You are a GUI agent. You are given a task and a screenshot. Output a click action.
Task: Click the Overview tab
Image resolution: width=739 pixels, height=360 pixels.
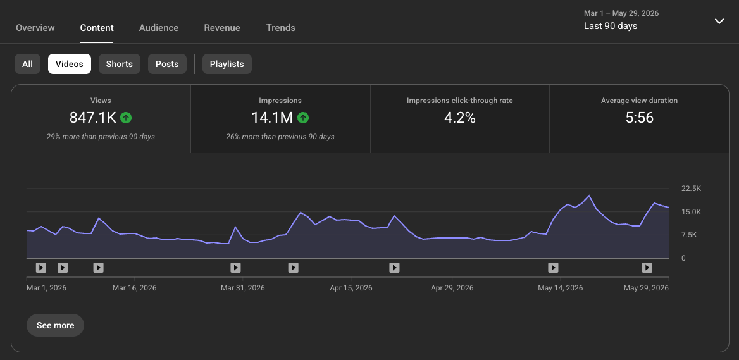point(35,28)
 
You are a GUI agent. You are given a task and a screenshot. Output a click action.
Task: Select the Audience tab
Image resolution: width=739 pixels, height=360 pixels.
point(159,28)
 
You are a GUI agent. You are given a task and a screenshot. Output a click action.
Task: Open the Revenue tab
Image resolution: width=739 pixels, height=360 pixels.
point(222,28)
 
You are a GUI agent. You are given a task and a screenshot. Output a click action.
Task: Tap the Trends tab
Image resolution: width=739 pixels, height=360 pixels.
point(281,28)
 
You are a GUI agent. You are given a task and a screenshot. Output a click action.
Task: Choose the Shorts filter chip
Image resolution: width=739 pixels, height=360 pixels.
point(119,64)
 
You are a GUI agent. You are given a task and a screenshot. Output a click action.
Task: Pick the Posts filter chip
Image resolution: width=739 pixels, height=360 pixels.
point(167,64)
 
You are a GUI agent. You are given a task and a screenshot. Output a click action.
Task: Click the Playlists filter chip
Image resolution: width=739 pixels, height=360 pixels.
point(227,64)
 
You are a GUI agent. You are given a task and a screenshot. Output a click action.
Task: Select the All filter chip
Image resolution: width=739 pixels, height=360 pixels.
point(27,64)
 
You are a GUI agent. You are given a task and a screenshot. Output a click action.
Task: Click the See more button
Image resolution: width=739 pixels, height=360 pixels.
point(55,325)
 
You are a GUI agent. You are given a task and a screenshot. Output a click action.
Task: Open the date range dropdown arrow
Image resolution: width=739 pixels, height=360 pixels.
point(719,22)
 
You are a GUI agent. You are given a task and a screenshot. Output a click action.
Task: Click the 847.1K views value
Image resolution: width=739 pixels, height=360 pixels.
point(93,118)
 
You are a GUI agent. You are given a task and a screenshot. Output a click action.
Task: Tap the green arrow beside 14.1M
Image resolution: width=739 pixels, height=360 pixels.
point(303,118)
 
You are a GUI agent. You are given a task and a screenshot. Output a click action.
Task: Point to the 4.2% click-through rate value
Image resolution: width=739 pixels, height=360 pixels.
point(459,118)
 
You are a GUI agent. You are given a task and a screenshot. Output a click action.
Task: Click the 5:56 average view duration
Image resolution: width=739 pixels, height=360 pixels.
point(640,118)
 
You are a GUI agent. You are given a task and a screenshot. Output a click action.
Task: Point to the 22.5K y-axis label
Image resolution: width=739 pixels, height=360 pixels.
point(692,189)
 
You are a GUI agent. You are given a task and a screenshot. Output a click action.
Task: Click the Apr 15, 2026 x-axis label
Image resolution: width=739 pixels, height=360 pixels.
point(351,288)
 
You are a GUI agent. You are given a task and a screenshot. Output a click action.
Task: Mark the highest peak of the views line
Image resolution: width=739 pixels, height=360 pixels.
point(589,196)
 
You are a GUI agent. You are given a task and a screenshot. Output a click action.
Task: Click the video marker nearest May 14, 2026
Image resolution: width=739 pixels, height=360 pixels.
point(554,268)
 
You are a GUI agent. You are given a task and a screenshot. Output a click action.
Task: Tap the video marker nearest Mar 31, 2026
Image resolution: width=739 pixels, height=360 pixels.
point(235,268)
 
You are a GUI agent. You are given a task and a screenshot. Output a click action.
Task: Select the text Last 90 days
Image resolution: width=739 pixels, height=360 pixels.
point(611,26)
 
